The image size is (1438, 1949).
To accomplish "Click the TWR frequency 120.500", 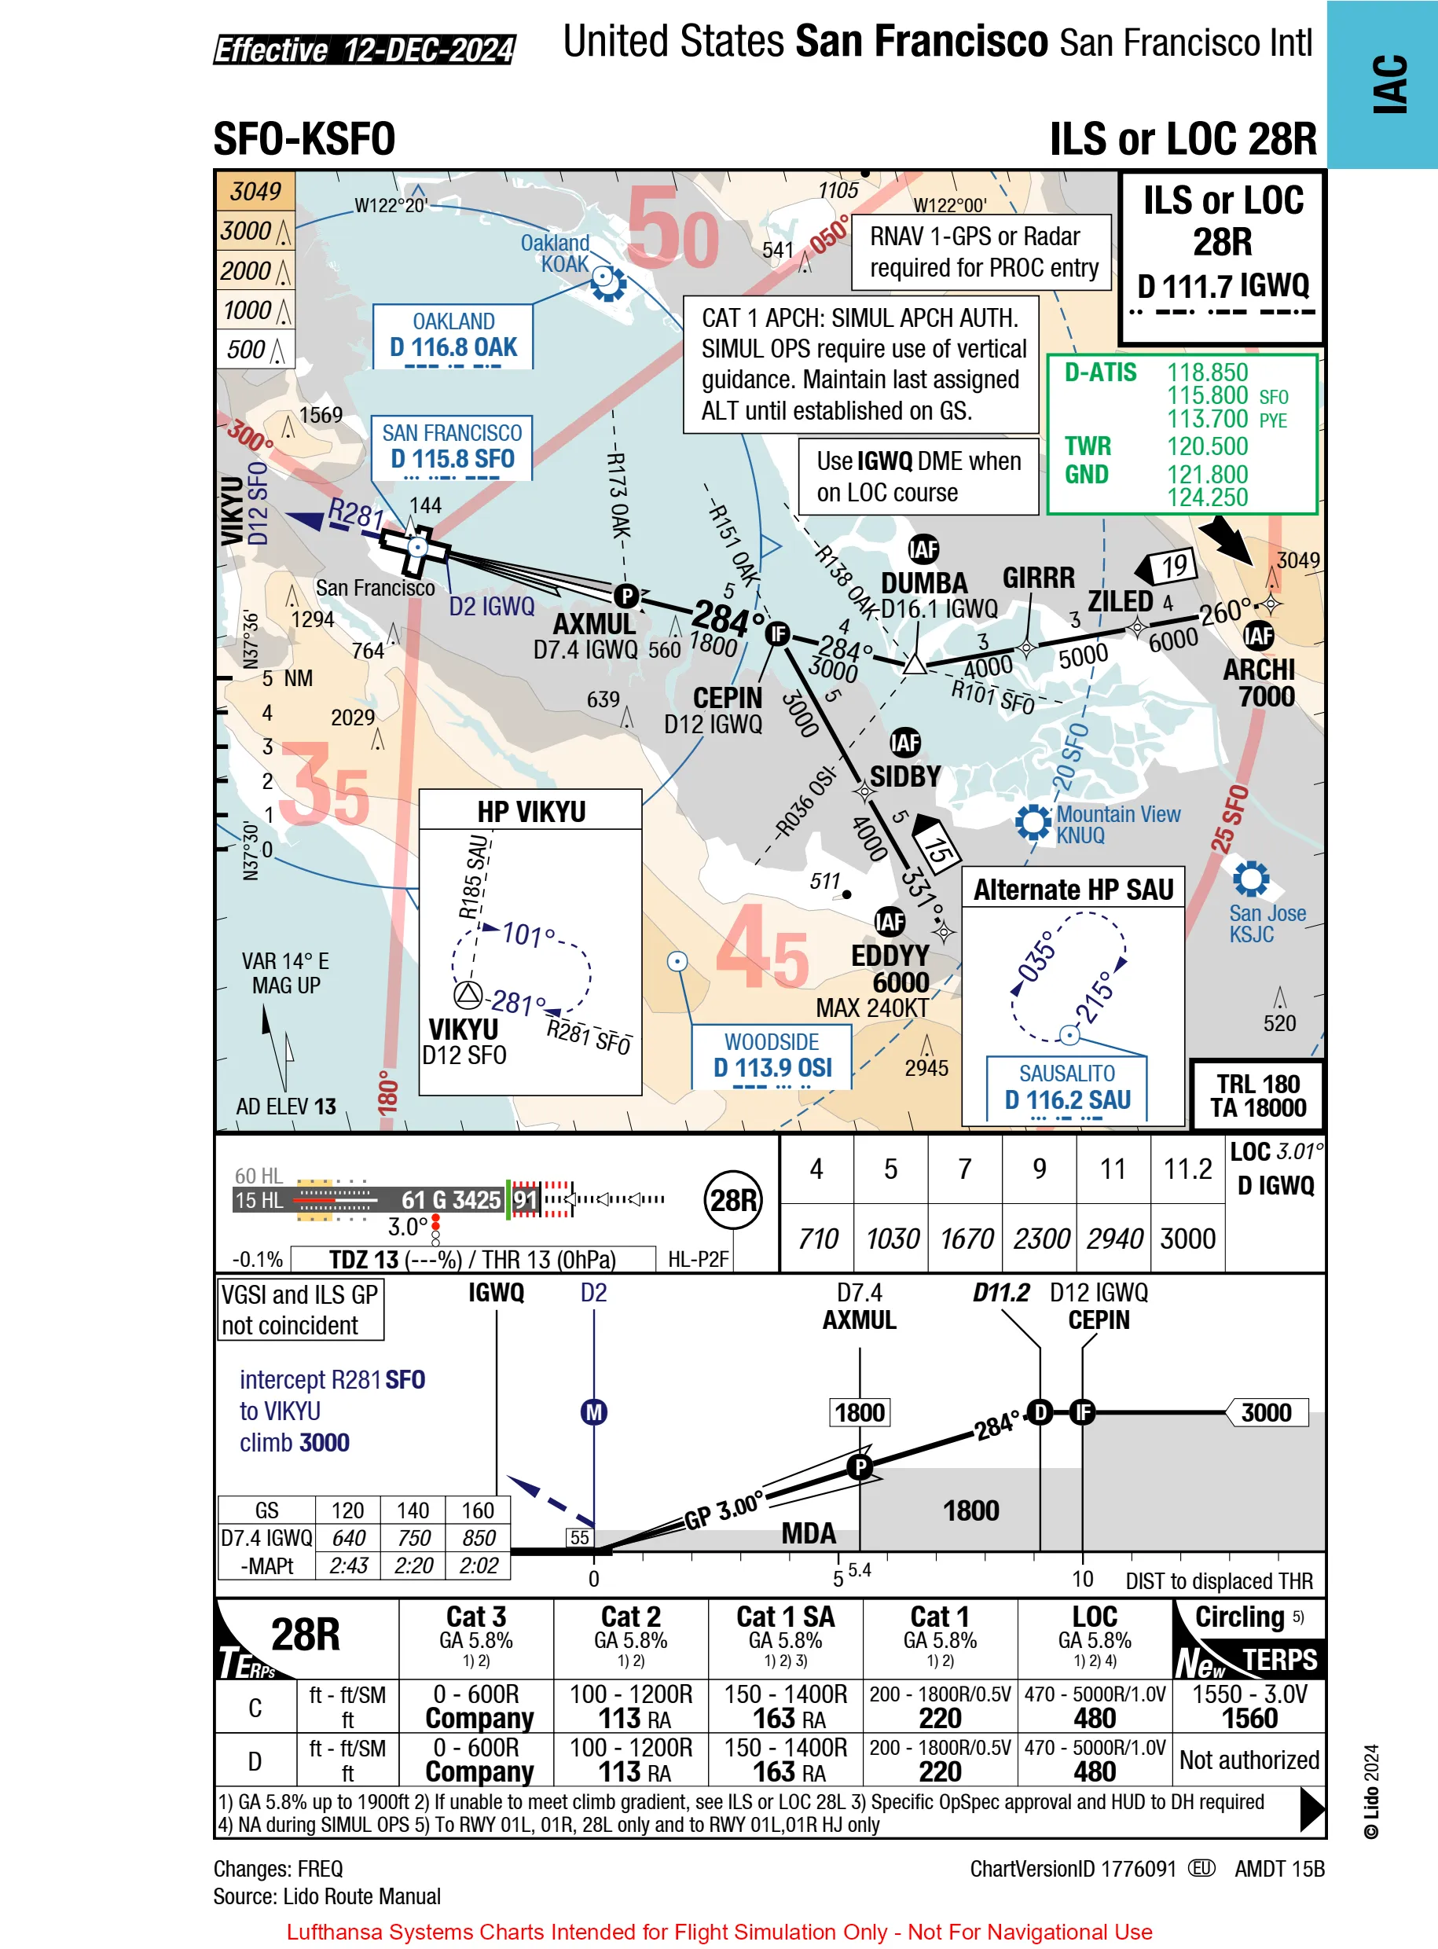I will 1206,446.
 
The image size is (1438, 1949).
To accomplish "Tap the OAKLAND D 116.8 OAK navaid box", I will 453,336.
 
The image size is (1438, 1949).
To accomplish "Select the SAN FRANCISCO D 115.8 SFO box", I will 452,447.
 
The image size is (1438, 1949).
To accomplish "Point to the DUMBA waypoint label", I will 923,583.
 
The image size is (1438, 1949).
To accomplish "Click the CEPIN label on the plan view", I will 727,698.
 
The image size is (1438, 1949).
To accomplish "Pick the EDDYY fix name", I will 890,956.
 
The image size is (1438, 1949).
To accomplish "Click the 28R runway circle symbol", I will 732,1200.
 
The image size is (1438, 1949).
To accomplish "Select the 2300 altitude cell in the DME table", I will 1040,1239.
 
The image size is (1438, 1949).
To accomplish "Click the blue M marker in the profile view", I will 593,1412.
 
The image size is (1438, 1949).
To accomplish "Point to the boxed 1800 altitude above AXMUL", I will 859,1412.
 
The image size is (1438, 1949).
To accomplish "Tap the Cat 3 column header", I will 476,1617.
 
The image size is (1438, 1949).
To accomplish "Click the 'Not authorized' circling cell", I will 1249,1760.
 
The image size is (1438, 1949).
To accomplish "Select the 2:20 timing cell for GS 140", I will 413,1566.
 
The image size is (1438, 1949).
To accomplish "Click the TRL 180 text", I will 1257,1084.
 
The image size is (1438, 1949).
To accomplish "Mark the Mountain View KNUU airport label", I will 1117,824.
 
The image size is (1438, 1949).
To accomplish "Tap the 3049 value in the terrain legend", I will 255,192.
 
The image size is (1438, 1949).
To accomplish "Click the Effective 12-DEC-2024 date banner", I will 365,50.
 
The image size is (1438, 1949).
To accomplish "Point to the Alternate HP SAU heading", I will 1073,890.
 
